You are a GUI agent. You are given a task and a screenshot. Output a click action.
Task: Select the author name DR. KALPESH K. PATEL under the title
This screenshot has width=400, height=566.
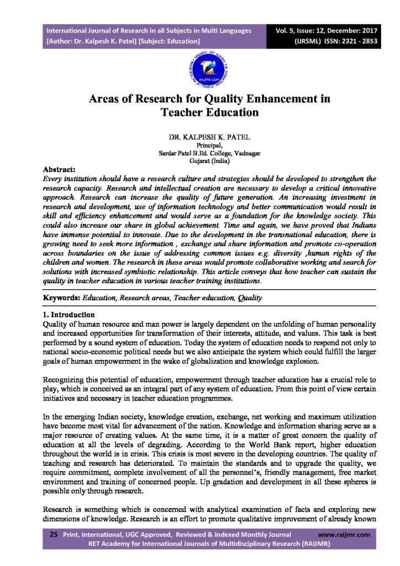click(200, 136)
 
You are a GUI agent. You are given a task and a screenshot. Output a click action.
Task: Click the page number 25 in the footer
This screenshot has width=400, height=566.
click(54, 535)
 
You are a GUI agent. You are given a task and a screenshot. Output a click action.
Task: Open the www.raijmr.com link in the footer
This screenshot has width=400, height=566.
click(345, 535)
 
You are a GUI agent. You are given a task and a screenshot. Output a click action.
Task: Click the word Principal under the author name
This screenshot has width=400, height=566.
click(201, 145)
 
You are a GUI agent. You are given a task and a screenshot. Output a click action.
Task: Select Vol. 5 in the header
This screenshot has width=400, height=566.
click(289, 30)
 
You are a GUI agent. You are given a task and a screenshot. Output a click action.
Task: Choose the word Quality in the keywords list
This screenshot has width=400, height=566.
click(249, 298)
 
